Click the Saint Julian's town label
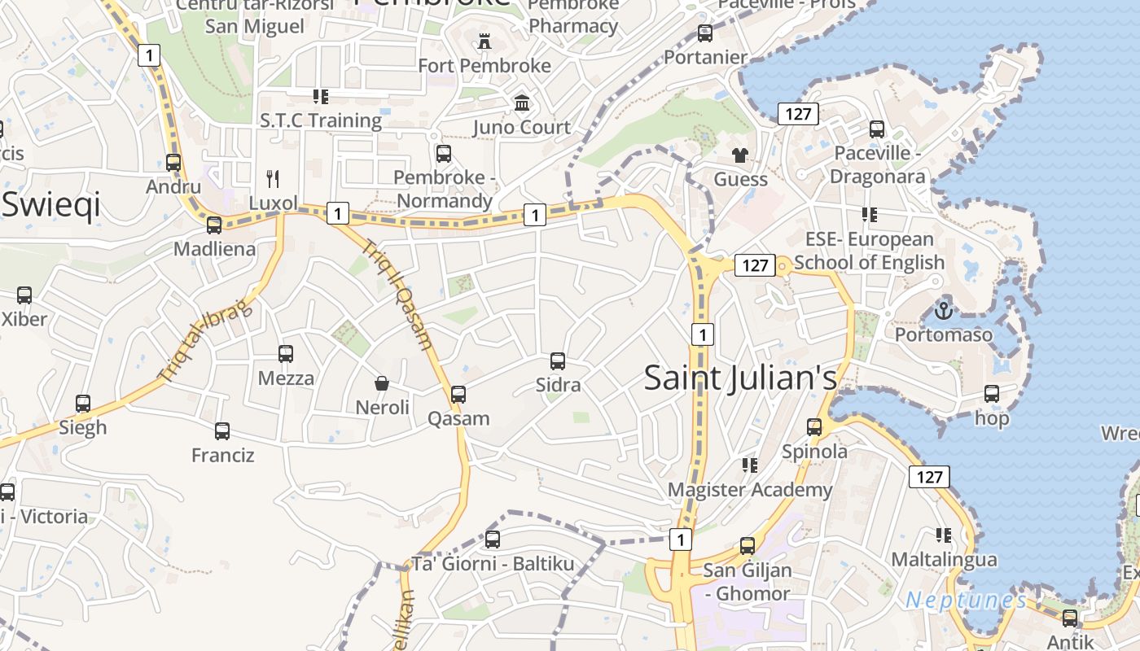click(740, 378)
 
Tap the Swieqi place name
click(50, 204)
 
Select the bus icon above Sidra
click(558, 360)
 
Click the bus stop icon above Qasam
click(458, 395)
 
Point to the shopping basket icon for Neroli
click(382, 382)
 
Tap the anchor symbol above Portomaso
click(943, 310)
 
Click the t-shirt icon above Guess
click(740, 155)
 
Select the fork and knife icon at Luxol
click(274, 178)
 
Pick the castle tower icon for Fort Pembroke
click(484, 41)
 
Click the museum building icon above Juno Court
click(522, 103)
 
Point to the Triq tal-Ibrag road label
click(206, 342)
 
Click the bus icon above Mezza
click(286, 354)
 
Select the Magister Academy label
click(749, 490)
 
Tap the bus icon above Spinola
click(814, 427)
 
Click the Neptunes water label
click(966, 601)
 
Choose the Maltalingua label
click(944, 560)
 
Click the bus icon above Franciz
click(222, 431)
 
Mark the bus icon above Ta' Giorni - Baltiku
click(493, 539)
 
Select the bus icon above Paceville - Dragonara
click(877, 129)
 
